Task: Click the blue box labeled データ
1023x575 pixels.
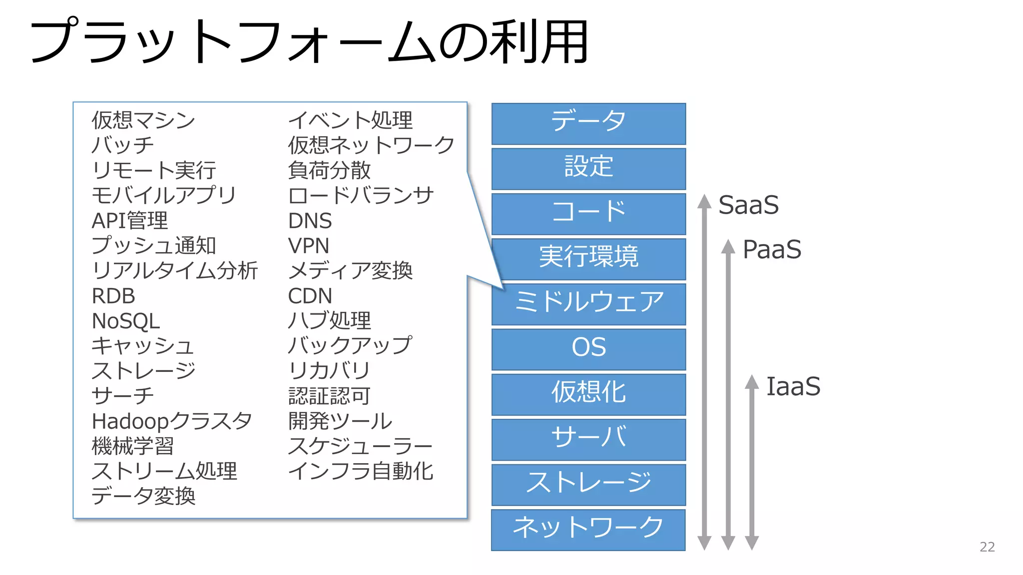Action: point(588,124)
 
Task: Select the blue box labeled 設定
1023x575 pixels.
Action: point(588,169)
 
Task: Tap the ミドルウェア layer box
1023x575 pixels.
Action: point(588,304)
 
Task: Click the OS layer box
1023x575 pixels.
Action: point(588,349)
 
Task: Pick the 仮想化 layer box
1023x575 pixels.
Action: point(588,394)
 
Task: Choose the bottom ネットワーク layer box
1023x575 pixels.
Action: point(588,530)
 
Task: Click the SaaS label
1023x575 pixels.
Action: point(748,205)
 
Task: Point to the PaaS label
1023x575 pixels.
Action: point(771,250)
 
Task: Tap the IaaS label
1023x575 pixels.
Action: point(793,386)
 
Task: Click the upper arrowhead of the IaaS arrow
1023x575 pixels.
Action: point(752,382)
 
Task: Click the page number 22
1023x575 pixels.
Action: point(987,547)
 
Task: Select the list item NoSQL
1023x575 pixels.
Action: point(126,321)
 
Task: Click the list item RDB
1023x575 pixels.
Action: point(113,296)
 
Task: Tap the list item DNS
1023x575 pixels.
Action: point(310,221)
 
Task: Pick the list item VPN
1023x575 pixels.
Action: point(309,246)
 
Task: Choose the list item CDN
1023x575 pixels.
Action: point(310,296)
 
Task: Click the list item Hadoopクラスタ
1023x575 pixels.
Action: point(172,421)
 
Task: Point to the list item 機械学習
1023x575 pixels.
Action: point(133,446)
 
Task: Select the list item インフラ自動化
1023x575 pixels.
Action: point(360,471)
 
